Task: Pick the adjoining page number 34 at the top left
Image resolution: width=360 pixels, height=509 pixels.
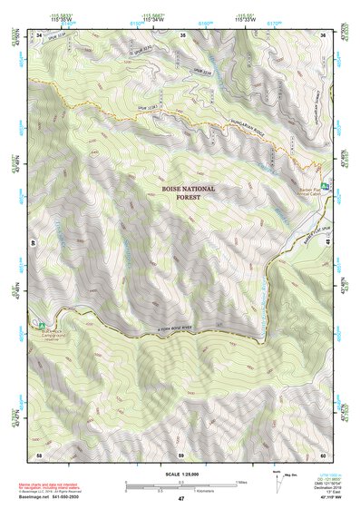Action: pos(40,35)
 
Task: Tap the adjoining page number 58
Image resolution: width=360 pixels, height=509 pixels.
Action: pos(40,454)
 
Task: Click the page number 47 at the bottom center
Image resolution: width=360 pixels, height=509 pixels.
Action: pos(181,499)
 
